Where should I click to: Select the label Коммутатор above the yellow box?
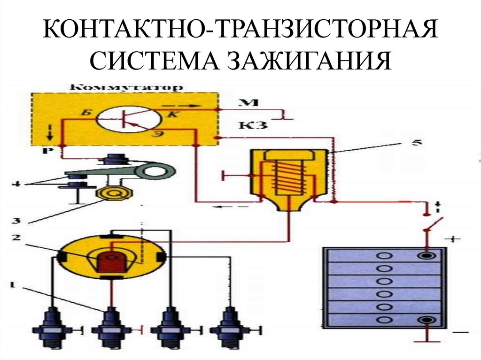tap(125, 88)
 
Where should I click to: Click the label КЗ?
tap(254, 124)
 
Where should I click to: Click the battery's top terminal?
tap(427, 256)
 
